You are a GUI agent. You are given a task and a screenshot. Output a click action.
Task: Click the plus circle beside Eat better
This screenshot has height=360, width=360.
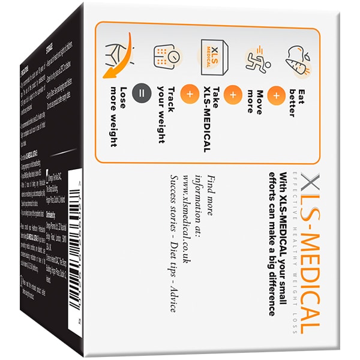[x=278, y=95]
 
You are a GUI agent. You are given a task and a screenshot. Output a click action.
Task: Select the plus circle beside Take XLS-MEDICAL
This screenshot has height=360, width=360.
[x=190, y=95]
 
